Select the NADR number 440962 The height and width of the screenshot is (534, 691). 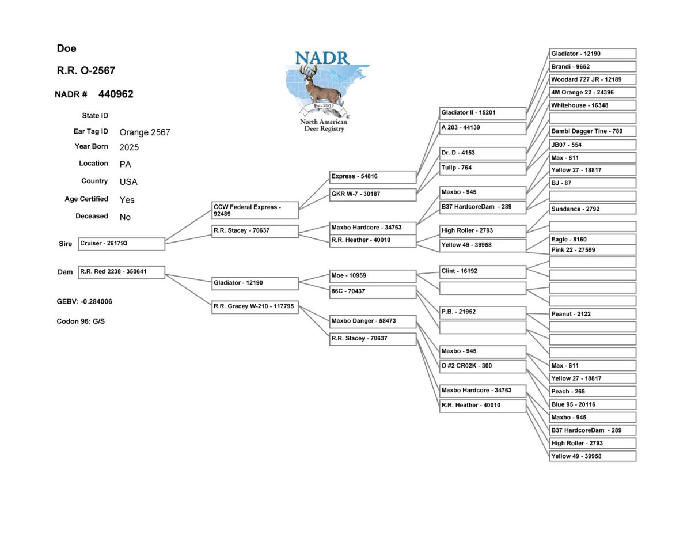coord(116,94)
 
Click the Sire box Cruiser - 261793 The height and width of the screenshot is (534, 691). coord(122,244)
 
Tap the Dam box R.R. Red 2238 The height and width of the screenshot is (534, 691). coord(122,272)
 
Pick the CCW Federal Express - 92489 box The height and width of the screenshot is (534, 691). coord(255,210)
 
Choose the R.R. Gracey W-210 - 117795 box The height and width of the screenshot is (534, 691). coord(255,307)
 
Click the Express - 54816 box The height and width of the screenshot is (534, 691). coord(373,177)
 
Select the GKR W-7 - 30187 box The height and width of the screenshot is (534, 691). coord(373,195)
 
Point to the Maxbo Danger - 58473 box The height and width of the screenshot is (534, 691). coord(373,321)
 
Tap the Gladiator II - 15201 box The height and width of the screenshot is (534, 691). coord(483,113)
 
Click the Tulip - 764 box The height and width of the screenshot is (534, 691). coord(483,168)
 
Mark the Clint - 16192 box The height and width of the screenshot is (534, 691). coord(483,271)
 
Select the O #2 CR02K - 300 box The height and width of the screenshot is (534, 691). coord(483,366)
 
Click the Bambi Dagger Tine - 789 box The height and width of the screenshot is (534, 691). coord(593,131)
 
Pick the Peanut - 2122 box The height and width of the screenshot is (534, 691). coord(593,314)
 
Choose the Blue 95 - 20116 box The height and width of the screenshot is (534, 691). coord(593,404)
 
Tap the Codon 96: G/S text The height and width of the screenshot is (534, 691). coord(81,321)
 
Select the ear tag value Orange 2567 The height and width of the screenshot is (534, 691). coord(145,132)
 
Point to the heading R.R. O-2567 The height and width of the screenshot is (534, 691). coord(86,71)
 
